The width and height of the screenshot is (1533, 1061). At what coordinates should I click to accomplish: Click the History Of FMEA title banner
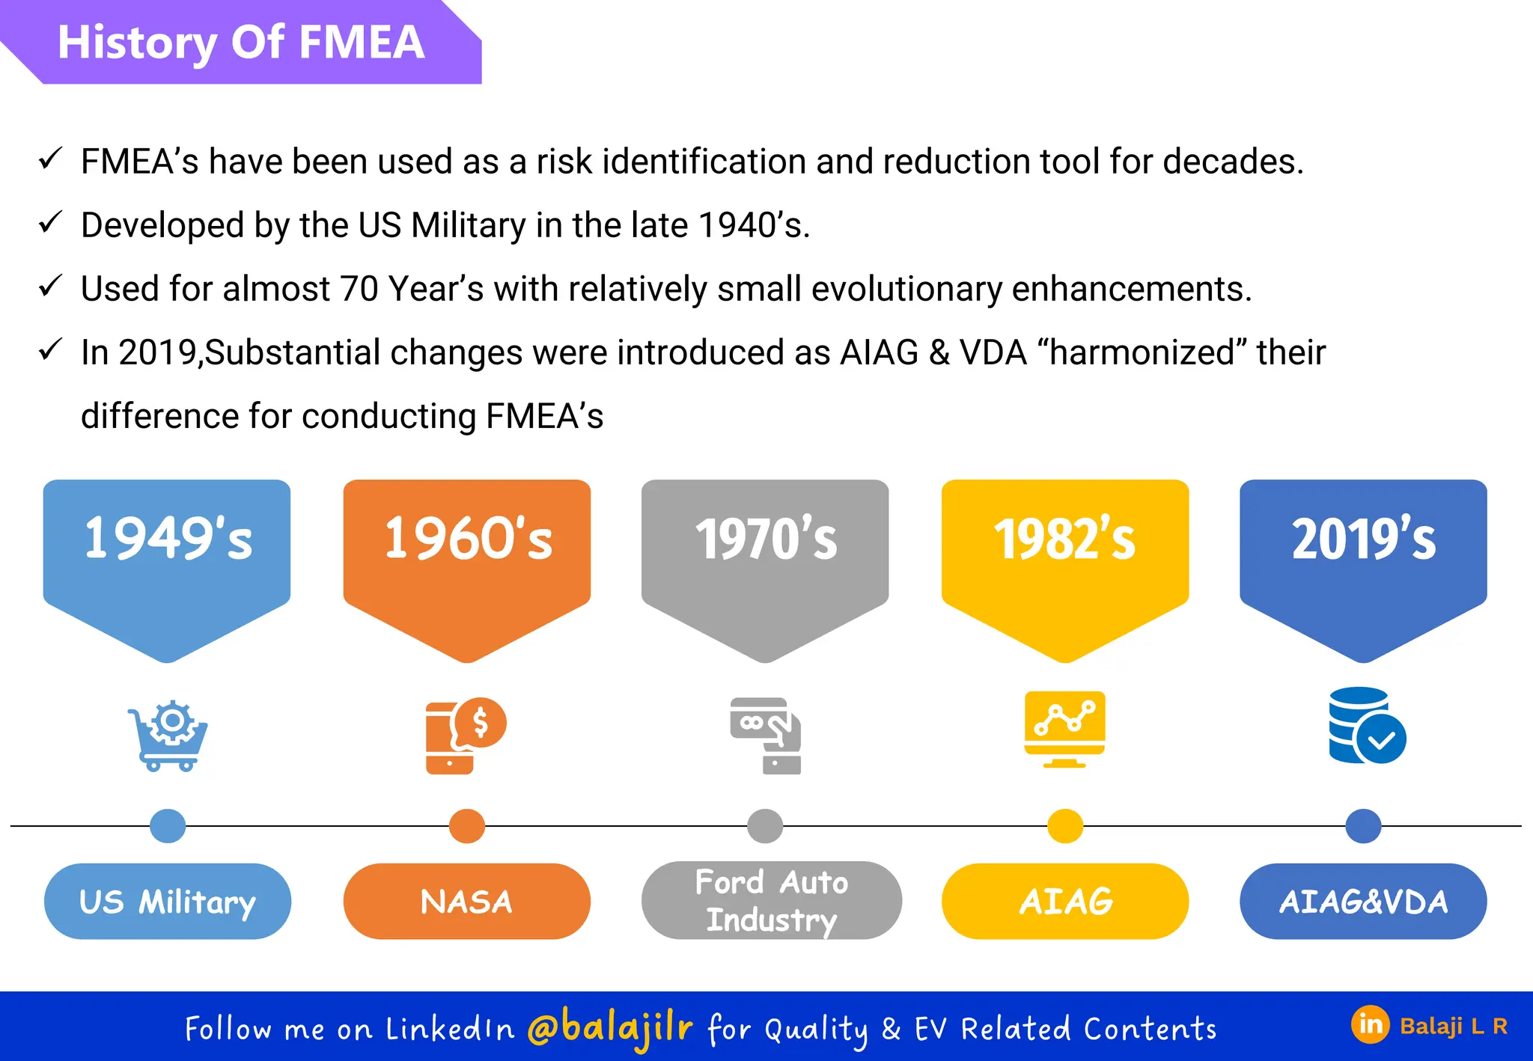pos(241,42)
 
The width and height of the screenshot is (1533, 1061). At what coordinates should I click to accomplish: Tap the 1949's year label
pos(168,539)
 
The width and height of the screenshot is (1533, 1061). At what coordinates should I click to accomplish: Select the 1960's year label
pos(468,539)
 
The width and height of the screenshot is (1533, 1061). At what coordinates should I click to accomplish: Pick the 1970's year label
pos(766,539)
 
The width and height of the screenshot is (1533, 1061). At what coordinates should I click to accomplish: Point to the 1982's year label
pos(1064,539)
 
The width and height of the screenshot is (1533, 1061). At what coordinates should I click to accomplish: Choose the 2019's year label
pos(1364,539)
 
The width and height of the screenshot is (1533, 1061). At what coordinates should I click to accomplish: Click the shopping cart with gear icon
pos(168,736)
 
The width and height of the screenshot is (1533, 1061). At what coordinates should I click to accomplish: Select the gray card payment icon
pos(766,736)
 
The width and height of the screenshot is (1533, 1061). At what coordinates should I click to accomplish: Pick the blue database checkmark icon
pos(1367,726)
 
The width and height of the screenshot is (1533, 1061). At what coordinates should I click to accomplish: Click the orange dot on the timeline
pos(467,826)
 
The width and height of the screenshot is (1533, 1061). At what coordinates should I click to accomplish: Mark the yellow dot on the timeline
pos(1065,826)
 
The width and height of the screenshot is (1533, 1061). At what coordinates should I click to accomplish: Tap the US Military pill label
pos(168,902)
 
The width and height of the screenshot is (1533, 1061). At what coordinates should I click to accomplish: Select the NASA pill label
pos(467,902)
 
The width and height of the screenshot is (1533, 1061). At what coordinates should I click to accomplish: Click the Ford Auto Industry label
pos(771,901)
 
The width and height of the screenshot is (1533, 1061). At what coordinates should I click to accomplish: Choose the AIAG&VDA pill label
pos(1363,902)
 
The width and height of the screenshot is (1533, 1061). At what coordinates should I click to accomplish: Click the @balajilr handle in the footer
pos(610,1027)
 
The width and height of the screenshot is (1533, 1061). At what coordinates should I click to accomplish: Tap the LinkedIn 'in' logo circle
pos(1370,1024)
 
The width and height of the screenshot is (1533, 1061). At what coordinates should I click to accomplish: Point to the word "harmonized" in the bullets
pos(1142,352)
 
